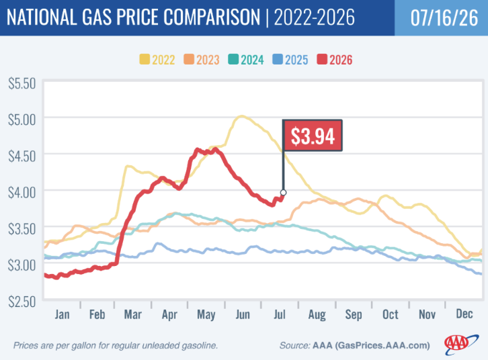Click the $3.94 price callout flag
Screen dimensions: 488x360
coord(313,136)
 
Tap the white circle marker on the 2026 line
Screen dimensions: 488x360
coord(283,193)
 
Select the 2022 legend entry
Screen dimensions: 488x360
coord(157,60)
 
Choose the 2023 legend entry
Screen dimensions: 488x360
coord(202,60)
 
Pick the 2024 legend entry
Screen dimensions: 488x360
coord(246,60)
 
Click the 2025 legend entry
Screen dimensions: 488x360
coord(290,60)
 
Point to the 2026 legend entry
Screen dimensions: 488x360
coord(335,60)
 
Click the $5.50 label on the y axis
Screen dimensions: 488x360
coord(22,84)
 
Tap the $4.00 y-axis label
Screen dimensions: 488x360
coord(22,193)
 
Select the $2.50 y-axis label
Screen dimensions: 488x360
coord(22,302)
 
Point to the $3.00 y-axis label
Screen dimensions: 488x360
coord(22,265)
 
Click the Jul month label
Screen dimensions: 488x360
coord(280,314)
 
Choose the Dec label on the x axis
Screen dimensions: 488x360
coord(464,314)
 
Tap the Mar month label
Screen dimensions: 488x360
coord(133,314)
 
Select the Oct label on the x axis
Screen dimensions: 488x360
coord(391,314)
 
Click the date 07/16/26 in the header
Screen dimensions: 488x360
coord(444,17)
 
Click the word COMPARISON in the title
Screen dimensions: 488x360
coord(212,17)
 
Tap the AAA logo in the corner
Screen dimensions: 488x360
coord(461,344)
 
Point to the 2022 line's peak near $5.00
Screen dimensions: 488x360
coord(242,117)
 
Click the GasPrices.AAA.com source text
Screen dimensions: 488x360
coord(384,345)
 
